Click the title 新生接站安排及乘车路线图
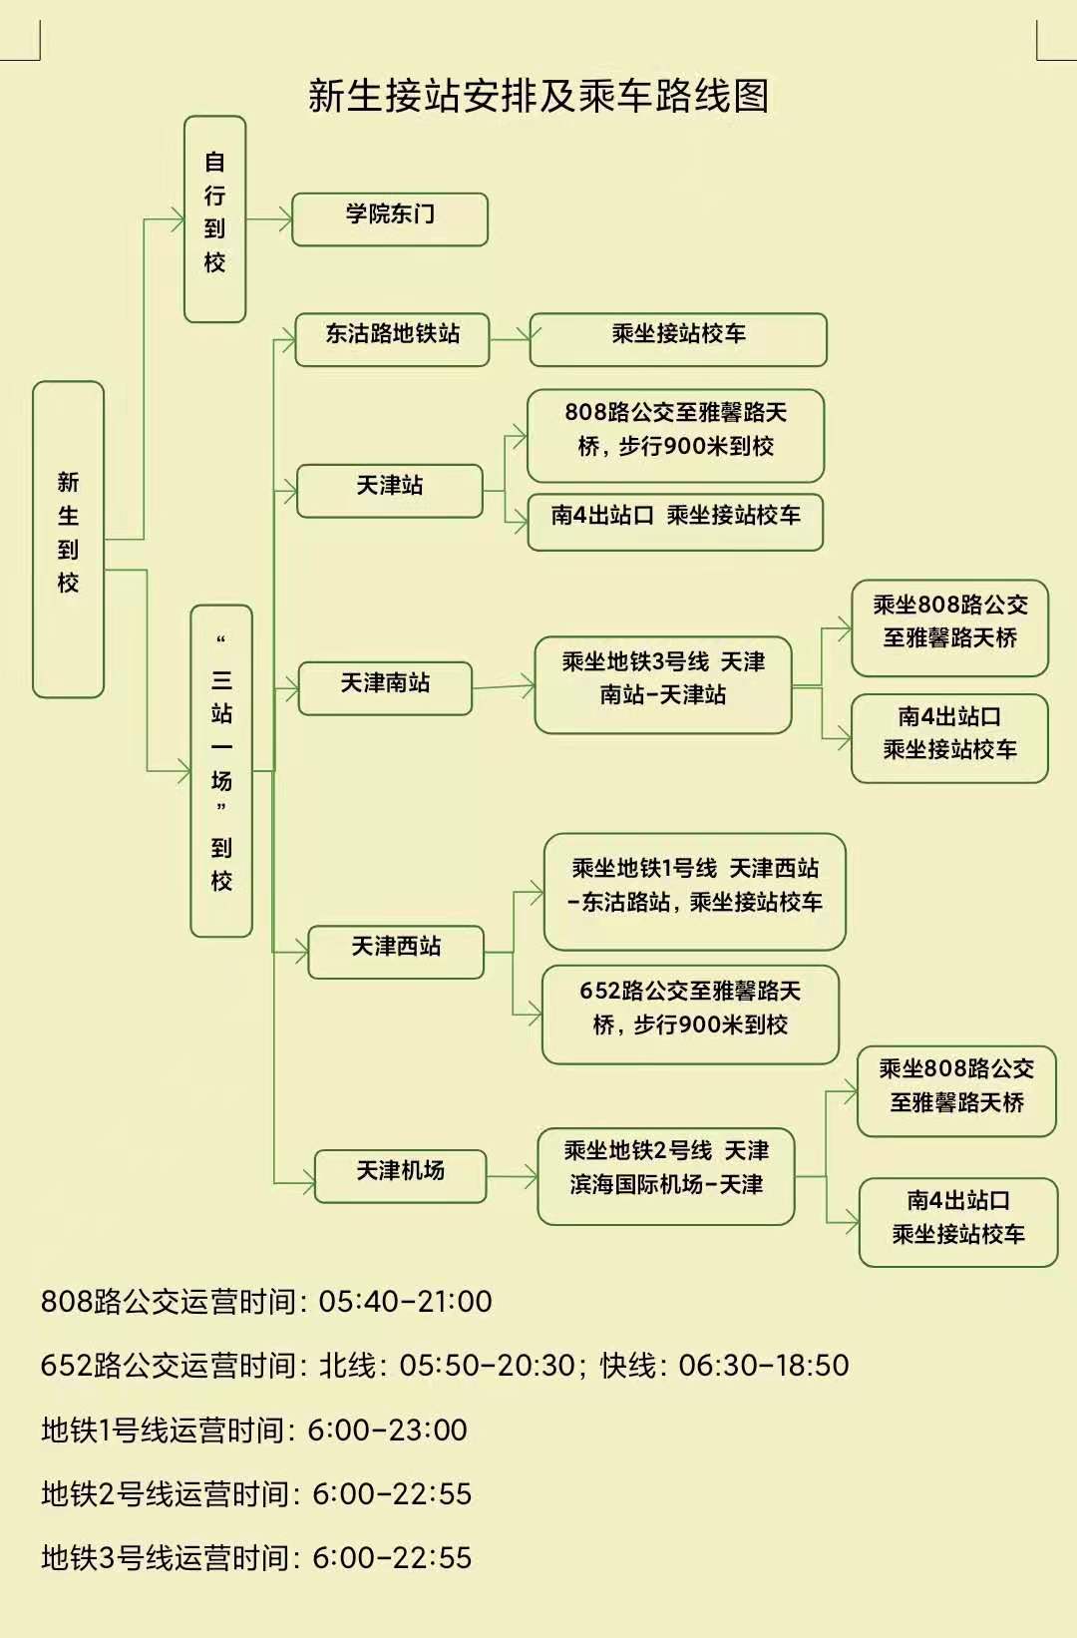point(538,96)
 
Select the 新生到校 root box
point(68,539)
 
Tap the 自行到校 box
point(214,218)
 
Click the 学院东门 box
point(390,218)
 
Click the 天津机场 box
point(400,1175)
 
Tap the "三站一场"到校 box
point(221,770)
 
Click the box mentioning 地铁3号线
point(663,683)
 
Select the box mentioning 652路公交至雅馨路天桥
point(690,1013)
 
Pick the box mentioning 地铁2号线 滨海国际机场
point(666,1175)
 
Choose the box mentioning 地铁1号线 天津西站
point(695,891)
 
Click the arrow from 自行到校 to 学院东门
point(268,218)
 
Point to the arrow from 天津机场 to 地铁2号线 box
point(512,1177)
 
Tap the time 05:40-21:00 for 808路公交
point(405,1301)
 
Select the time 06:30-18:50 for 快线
point(764,1365)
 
